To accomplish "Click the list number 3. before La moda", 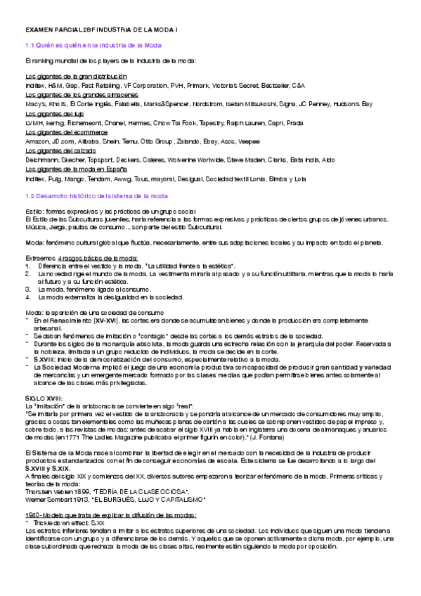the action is (27, 288).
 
